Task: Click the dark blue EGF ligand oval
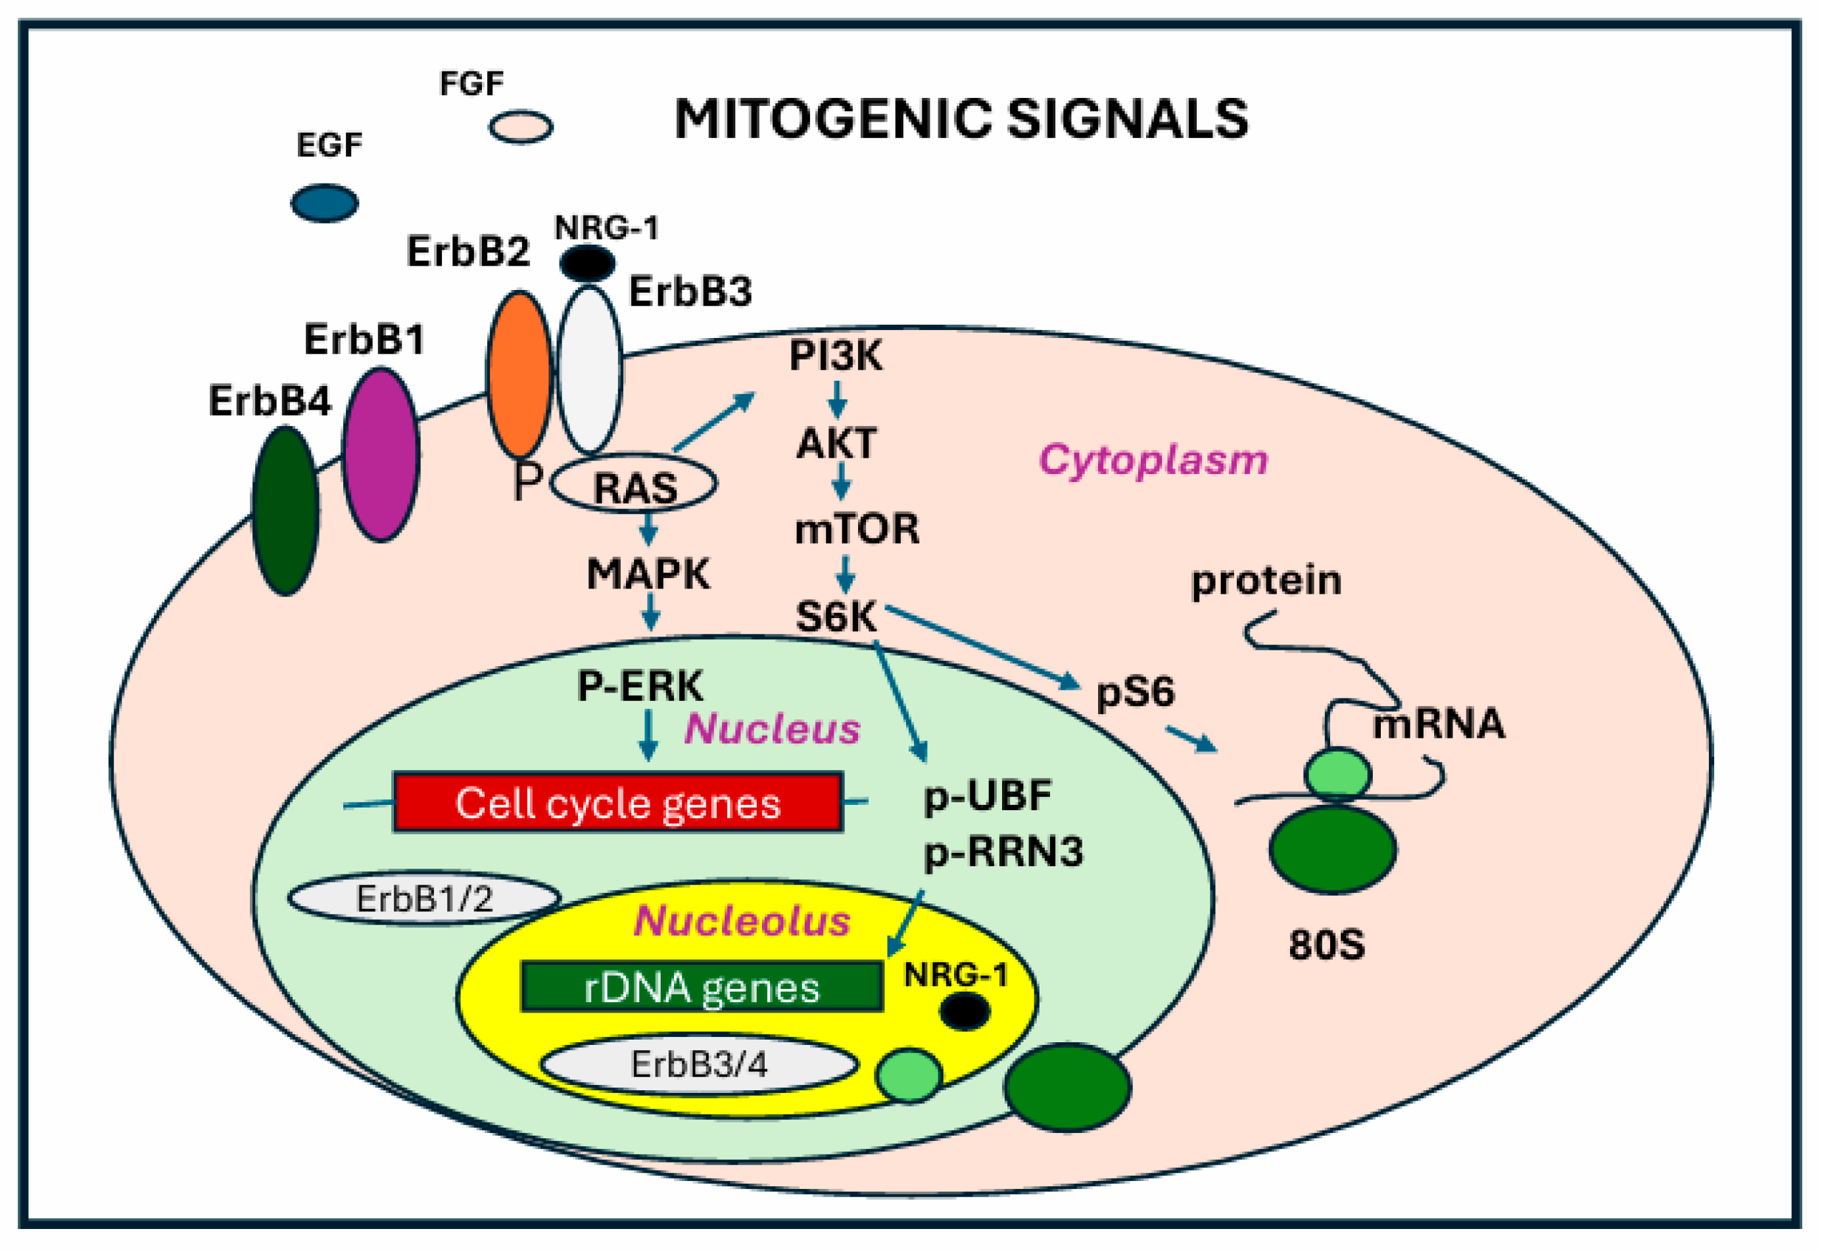coord(324,203)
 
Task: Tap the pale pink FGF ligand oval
coord(521,126)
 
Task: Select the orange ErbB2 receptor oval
coord(519,374)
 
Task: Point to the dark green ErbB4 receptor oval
coord(285,511)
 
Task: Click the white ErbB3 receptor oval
coord(589,370)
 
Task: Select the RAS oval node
coord(633,484)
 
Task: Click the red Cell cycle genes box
coord(618,802)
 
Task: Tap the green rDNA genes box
coord(702,987)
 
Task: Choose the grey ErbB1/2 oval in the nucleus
coord(424,898)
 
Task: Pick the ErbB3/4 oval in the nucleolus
coord(698,1065)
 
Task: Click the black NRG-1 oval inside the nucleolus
coord(965,1011)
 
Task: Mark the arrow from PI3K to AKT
coord(838,400)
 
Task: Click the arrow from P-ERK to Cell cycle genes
coord(648,735)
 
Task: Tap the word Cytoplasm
coord(1153,460)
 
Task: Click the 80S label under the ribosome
coord(1327,944)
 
